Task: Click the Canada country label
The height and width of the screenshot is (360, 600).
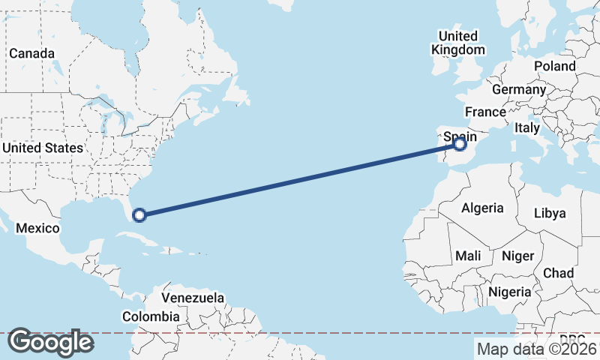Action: click(31, 54)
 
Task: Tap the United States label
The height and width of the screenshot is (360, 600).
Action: click(42, 148)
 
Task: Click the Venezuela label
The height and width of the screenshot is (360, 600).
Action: click(193, 298)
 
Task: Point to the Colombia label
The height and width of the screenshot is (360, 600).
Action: click(151, 316)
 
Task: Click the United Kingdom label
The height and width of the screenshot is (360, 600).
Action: click(457, 43)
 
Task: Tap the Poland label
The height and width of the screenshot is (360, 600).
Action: click(554, 66)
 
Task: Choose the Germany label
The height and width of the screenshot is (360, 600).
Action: click(519, 89)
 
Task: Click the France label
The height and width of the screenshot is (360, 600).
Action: click(485, 112)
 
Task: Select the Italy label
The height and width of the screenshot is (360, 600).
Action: click(527, 128)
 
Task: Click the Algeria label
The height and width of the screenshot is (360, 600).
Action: click(482, 208)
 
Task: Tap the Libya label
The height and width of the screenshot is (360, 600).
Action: click(549, 213)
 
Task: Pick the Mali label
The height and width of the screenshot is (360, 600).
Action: click(468, 256)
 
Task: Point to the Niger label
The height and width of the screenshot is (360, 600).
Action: click(517, 256)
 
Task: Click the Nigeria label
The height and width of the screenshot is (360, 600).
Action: click(510, 292)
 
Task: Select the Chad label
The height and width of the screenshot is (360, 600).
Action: click(559, 272)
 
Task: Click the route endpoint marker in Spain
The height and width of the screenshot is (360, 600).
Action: click(460, 145)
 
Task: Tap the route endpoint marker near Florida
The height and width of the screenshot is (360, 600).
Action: click(139, 216)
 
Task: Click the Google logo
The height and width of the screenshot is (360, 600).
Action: click(50, 342)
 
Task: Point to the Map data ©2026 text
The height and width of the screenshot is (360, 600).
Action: click(536, 349)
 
